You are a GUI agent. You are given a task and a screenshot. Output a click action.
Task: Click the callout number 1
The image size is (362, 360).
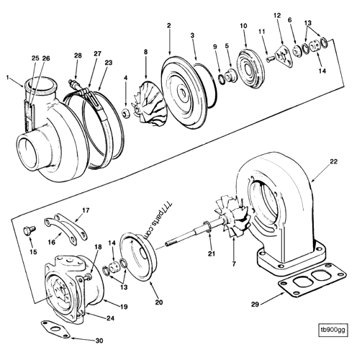tap(9, 77)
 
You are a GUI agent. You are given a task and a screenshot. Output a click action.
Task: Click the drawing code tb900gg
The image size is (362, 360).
tap(332, 332)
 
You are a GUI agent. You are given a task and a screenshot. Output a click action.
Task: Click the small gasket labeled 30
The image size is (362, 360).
tap(55, 327)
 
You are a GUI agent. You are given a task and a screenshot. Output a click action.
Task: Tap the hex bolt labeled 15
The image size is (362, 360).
tap(27, 232)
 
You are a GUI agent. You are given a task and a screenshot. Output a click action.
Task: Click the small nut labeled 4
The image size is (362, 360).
tap(126, 114)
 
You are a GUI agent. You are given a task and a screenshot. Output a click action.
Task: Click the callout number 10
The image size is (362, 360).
tap(243, 26)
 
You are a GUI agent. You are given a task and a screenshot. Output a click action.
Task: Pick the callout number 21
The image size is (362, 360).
tap(210, 254)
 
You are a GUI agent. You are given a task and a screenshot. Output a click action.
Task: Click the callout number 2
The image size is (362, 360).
tap(168, 26)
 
